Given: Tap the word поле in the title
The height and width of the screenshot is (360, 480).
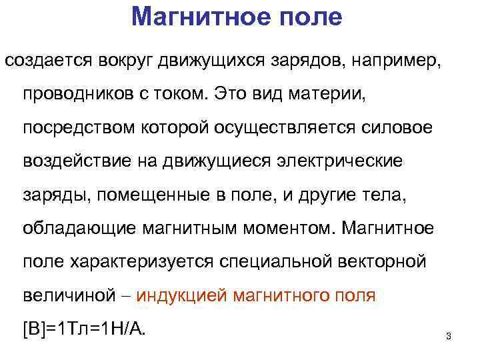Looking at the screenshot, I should (309, 17).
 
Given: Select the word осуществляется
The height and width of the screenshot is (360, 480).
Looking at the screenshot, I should (283, 126).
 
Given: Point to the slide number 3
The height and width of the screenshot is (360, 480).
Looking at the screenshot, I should (448, 336).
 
